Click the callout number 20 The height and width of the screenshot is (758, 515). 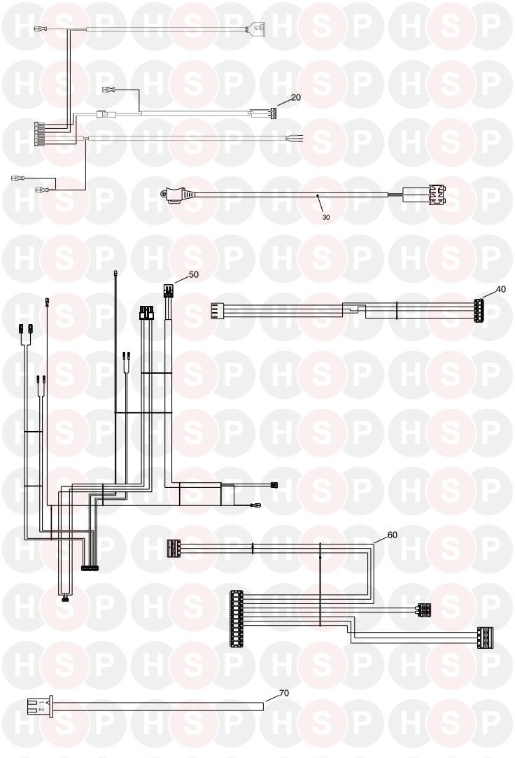[x=296, y=97]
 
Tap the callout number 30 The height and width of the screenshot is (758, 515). [x=326, y=217]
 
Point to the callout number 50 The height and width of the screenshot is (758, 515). [x=194, y=274]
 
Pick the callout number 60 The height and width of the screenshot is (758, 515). [x=392, y=534]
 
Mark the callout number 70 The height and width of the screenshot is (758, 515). [x=284, y=693]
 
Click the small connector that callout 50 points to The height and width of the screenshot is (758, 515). [x=168, y=290]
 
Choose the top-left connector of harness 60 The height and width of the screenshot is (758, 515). [x=174, y=548]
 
